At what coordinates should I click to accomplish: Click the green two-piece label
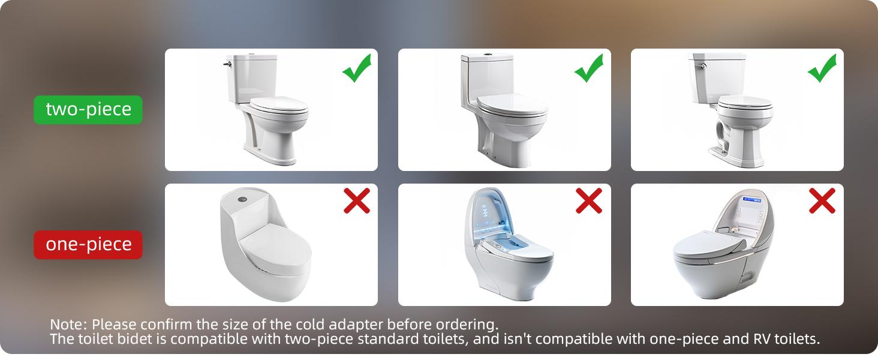[88, 109]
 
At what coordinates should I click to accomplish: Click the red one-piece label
[88, 244]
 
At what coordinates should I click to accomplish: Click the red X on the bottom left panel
[357, 201]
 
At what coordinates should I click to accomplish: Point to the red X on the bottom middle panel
[589, 201]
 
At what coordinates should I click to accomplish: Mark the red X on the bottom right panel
[822, 201]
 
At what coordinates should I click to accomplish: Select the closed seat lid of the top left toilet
[279, 107]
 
